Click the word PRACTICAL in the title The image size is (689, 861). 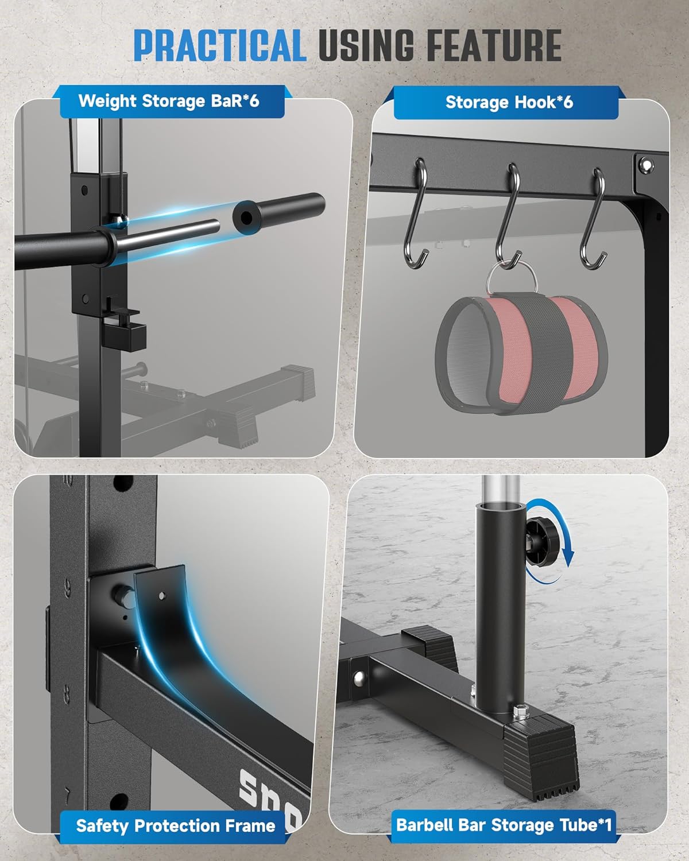pyautogui.click(x=220, y=45)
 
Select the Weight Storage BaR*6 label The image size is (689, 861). pyautogui.click(x=169, y=101)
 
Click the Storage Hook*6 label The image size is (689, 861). pyautogui.click(x=509, y=102)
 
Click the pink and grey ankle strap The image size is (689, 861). pyautogui.click(x=521, y=354)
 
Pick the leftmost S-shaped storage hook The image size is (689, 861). pyautogui.click(x=416, y=214)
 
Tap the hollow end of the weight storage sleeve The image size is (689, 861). pyautogui.click(x=247, y=218)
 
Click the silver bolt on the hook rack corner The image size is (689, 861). pyautogui.click(x=645, y=164)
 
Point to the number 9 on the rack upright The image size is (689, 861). pyautogui.click(x=68, y=588)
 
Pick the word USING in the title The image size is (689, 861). pyautogui.click(x=366, y=45)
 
